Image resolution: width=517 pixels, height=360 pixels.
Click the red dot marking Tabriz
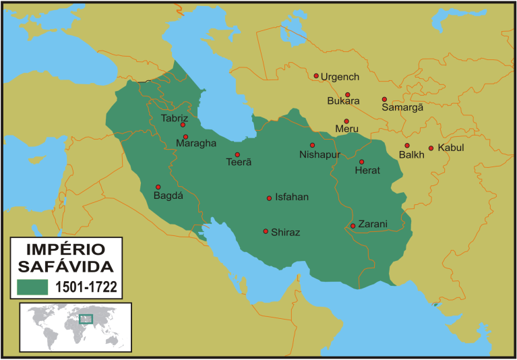[183, 125]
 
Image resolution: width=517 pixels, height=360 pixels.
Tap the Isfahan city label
[292, 198]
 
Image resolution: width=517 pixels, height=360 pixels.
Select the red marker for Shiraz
[266, 231]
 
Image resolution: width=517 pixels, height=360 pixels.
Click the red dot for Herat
[361, 162]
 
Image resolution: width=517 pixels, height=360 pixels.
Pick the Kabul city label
[451, 148]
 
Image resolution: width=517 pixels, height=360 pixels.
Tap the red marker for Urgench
[316, 76]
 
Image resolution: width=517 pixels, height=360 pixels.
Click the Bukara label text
[343, 101]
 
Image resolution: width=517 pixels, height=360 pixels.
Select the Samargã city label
[402, 107]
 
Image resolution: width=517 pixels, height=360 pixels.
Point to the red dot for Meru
[346, 121]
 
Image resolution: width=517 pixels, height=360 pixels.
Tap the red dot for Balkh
[407, 146]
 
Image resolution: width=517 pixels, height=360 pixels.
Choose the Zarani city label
[373, 224]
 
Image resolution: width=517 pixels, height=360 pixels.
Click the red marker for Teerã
[237, 154]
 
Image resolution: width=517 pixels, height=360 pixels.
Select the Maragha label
[195, 143]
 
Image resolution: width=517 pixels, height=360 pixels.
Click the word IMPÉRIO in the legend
[65, 248]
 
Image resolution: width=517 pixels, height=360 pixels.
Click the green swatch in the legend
[32, 287]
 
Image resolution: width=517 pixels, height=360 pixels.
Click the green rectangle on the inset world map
[86, 319]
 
